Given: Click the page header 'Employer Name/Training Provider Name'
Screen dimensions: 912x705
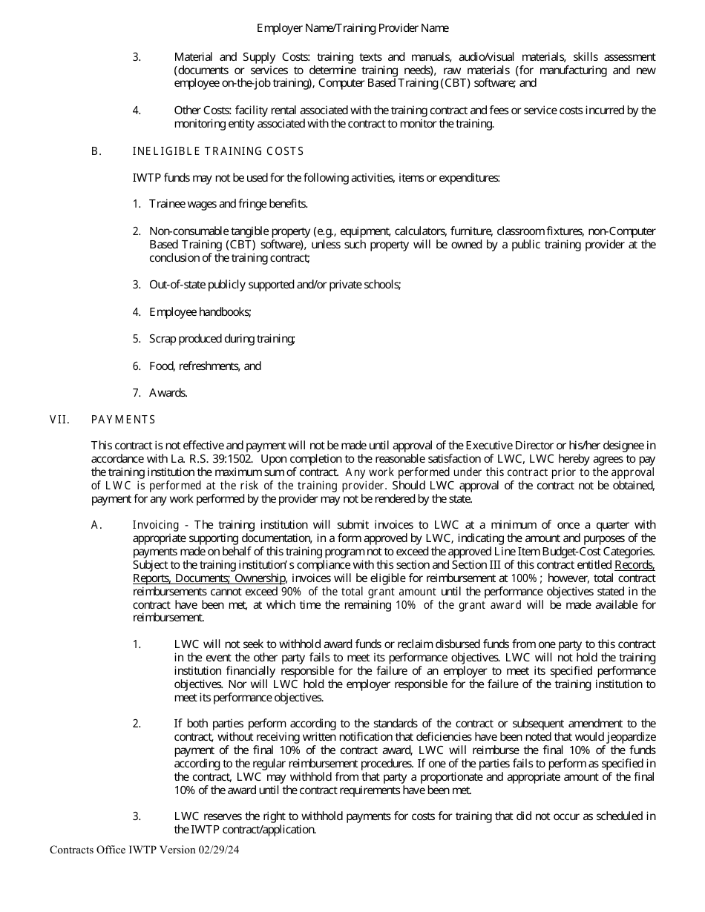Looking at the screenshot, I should (352, 28).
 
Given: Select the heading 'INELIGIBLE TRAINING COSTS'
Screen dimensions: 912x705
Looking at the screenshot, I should (217, 151).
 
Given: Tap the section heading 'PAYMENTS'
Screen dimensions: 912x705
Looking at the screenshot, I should (123, 420).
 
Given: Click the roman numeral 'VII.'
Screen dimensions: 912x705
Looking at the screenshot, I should (59, 420).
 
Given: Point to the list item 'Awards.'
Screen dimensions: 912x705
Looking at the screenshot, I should (168, 393).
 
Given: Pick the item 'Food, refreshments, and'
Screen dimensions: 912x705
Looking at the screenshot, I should (205, 366).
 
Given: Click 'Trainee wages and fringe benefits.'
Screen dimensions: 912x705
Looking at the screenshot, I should (228, 204).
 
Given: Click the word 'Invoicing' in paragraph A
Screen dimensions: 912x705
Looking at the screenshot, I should (156, 525).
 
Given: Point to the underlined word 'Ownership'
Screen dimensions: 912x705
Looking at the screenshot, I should (260, 578).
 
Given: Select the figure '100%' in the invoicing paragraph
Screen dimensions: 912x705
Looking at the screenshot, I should (523, 578).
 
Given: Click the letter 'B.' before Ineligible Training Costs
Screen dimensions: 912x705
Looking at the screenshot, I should (96, 151).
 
